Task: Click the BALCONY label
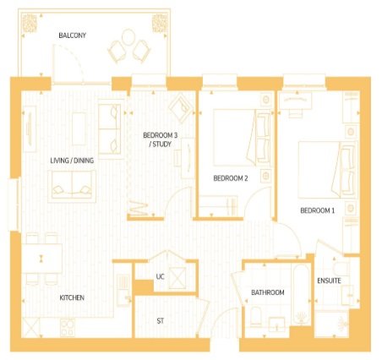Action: (72, 35)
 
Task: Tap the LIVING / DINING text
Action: (72, 161)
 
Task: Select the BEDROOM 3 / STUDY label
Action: (161, 139)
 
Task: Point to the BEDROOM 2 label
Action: (231, 178)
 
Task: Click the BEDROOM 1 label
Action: (318, 210)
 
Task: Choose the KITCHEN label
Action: (72, 297)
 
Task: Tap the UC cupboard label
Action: (160, 276)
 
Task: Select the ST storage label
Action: (161, 321)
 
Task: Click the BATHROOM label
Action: (268, 292)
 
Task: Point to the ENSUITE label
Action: (329, 281)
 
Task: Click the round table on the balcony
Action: (128, 37)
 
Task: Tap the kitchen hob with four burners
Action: (68, 328)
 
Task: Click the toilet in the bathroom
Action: (256, 317)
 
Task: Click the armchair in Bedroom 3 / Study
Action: (181, 108)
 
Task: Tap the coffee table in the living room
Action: (79, 129)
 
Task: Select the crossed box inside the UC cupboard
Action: (177, 278)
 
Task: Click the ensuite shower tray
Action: (332, 324)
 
